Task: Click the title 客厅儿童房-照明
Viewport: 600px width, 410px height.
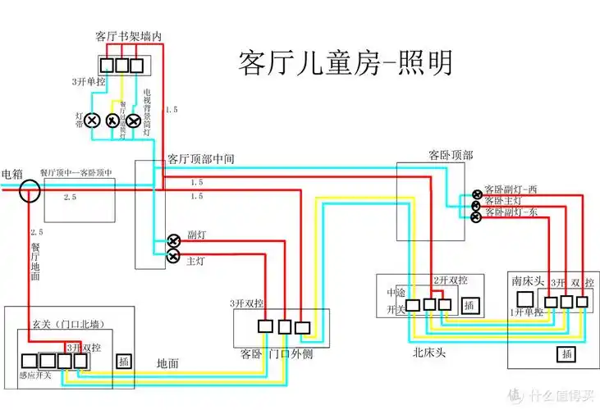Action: (x=344, y=61)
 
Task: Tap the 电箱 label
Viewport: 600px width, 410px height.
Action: (x=12, y=174)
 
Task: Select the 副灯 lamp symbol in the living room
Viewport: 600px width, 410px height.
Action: (x=174, y=241)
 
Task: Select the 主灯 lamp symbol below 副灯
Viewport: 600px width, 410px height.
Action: (x=174, y=257)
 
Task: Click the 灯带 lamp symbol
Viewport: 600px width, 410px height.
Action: (x=93, y=121)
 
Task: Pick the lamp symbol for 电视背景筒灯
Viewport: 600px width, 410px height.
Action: (x=133, y=121)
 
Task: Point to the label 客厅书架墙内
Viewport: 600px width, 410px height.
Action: (x=129, y=36)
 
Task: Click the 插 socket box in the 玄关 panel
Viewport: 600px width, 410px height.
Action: (x=124, y=362)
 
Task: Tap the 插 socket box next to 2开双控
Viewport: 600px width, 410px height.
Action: (x=469, y=306)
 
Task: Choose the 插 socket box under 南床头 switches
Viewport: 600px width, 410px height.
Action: (x=566, y=353)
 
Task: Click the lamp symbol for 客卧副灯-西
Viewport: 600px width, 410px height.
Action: (x=475, y=194)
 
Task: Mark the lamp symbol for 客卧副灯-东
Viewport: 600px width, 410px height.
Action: (x=475, y=216)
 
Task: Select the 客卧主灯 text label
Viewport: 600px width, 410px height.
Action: (x=503, y=201)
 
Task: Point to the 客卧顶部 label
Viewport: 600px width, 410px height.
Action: (x=451, y=154)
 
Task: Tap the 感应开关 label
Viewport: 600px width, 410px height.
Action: (x=35, y=376)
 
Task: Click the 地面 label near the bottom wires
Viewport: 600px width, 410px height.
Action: (x=168, y=362)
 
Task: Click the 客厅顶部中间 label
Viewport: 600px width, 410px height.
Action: (x=201, y=159)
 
